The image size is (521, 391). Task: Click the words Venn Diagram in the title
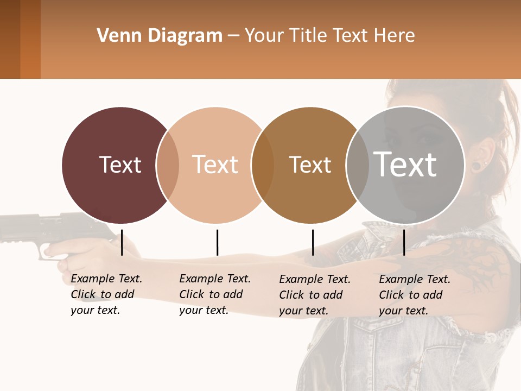(160, 36)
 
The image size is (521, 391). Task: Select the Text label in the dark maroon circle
(120, 165)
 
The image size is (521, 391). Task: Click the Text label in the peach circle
(215, 165)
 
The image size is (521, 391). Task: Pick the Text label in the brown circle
(310, 165)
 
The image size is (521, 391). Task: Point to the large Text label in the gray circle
(405, 165)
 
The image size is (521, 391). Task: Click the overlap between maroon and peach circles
(168, 165)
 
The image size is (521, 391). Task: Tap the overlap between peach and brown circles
(263, 165)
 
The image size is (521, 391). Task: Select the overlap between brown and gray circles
(358, 165)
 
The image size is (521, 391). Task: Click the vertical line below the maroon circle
(122, 242)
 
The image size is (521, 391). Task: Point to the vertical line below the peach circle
(217, 242)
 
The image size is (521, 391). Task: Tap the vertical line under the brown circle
(313, 242)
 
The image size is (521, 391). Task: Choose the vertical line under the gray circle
(404, 242)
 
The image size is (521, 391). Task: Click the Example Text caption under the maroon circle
(106, 294)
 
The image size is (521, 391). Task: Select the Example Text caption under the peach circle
(214, 294)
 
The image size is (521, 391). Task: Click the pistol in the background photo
(38, 231)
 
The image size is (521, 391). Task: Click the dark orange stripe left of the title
(30, 39)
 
